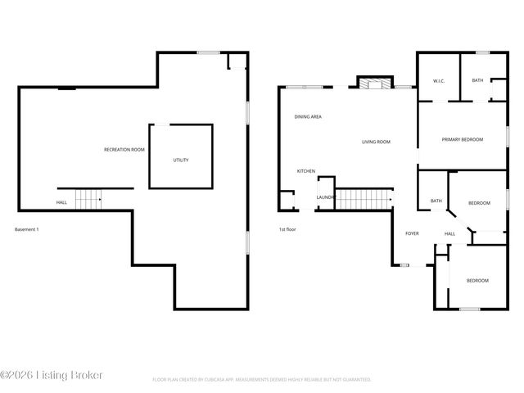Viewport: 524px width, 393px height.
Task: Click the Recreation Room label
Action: click(x=124, y=150)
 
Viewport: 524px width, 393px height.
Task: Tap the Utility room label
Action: click(x=180, y=160)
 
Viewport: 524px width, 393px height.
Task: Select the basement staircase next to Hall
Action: click(x=88, y=199)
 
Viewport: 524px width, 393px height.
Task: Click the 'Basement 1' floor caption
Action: click(x=27, y=229)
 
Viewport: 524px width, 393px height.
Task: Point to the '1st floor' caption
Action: click(x=287, y=229)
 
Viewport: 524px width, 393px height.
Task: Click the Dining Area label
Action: click(x=308, y=117)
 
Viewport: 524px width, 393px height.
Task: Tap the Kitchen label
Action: click(x=305, y=171)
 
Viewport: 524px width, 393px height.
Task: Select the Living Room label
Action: click(x=376, y=142)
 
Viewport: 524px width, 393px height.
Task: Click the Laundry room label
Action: click(x=326, y=197)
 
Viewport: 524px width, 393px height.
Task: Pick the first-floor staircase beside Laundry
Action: click(x=364, y=198)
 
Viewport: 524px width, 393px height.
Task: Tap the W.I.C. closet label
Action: click(x=438, y=80)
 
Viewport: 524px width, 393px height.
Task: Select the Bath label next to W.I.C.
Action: click(x=477, y=80)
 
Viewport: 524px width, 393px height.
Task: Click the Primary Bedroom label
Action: click(x=463, y=139)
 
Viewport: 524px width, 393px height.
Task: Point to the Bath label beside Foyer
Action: click(x=436, y=201)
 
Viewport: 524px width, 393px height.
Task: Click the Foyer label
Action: click(x=412, y=233)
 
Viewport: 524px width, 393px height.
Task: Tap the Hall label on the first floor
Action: click(x=449, y=234)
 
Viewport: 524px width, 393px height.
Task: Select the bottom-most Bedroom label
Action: click(x=477, y=281)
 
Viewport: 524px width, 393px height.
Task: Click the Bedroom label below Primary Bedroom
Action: click(x=479, y=202)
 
